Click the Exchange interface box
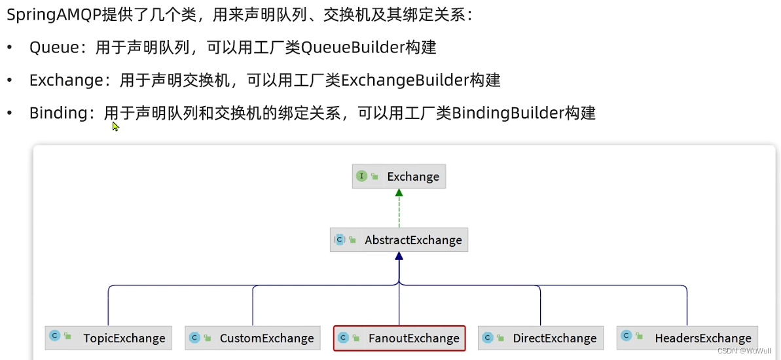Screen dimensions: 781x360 (399, 177)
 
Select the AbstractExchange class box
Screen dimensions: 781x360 (399, 240)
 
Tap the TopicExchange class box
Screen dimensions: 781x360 (109, 338)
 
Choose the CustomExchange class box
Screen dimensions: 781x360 (253, 338)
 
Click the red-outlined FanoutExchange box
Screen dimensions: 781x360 (399, 338)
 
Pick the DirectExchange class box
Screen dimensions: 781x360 (541, 338)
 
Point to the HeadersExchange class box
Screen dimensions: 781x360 (687, 338)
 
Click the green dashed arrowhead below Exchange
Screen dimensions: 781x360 (399, 193)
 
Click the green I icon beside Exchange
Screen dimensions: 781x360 (361, 176)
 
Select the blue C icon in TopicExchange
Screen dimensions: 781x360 (55, 336)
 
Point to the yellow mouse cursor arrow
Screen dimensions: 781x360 (115, 126)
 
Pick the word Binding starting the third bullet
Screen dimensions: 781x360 (58, 113)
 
